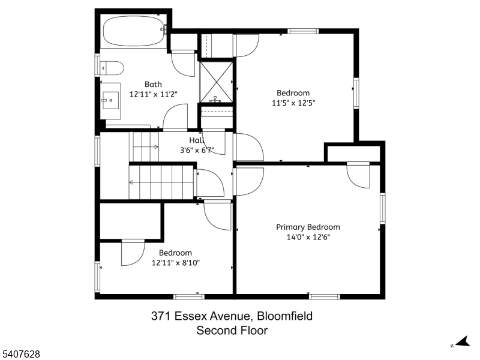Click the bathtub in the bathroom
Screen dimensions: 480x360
pyautogui.click(x=133, y=31)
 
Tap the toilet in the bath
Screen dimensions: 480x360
pyautogui.click(x=112, y=68)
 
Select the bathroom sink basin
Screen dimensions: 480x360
pyautogui.click(x=111, y=100)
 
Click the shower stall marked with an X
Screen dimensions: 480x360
pyautogui.click(x=216, y=82)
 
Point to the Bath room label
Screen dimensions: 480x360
pyautogui.click(x=153, y=84)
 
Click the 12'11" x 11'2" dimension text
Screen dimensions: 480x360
pyautogui.click(x=154, y=94)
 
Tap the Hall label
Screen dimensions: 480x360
pyautogui.click(x=197, y=140)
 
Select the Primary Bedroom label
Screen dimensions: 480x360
pyautogui.click(x=308, y=227)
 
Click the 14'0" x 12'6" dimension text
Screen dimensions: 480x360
pyautogui.click(x=308, y=237)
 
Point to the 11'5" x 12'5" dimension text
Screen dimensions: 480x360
pyautogui.click(x=293, y=103)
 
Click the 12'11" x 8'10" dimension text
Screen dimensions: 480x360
pyautogui.click(x=176, y=263)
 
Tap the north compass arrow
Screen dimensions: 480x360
pyautogui.click(x=463, y=341)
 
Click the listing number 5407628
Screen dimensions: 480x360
pyautogui.click(x=20, y=354)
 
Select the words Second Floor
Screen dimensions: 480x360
pyautogui.click(x=232, y=331)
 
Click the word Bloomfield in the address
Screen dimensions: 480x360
pyautogui.click(x=284, y=316)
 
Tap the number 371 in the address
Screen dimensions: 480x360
pyautogui.click(x=161, y=316)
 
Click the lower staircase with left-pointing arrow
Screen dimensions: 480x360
pyautogui.click(x=161, y=182)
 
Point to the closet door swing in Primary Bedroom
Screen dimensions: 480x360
pyautogui.click(x=358, y=176)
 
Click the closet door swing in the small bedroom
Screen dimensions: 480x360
pyautogui.click(x=133, y=253)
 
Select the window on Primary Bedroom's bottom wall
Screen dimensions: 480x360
pyautogui.click(x=324, y=296)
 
